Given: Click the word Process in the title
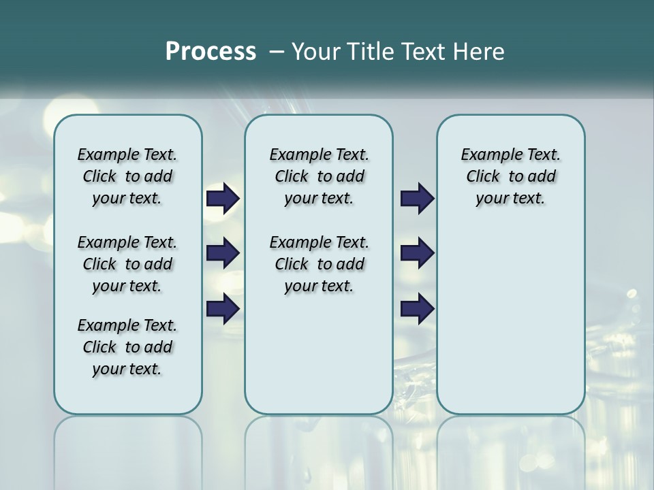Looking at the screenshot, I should point(211,52).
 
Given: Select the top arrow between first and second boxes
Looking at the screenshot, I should point(223,199).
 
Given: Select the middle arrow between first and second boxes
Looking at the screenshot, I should point(223,253).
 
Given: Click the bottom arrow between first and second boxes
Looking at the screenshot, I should point(223,309).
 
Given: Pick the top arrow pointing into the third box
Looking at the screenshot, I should point(417,199).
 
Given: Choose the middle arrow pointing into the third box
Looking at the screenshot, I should point(417,253).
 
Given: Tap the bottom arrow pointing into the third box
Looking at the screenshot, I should point(417,309).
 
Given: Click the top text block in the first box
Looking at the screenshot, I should point(127,176).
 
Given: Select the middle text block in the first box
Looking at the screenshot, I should point(127,264).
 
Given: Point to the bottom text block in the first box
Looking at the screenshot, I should point(127,347).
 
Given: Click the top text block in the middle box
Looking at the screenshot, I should point(319,176).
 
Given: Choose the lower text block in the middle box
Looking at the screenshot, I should point(319,264).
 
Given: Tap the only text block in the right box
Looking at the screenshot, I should point(510,176).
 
